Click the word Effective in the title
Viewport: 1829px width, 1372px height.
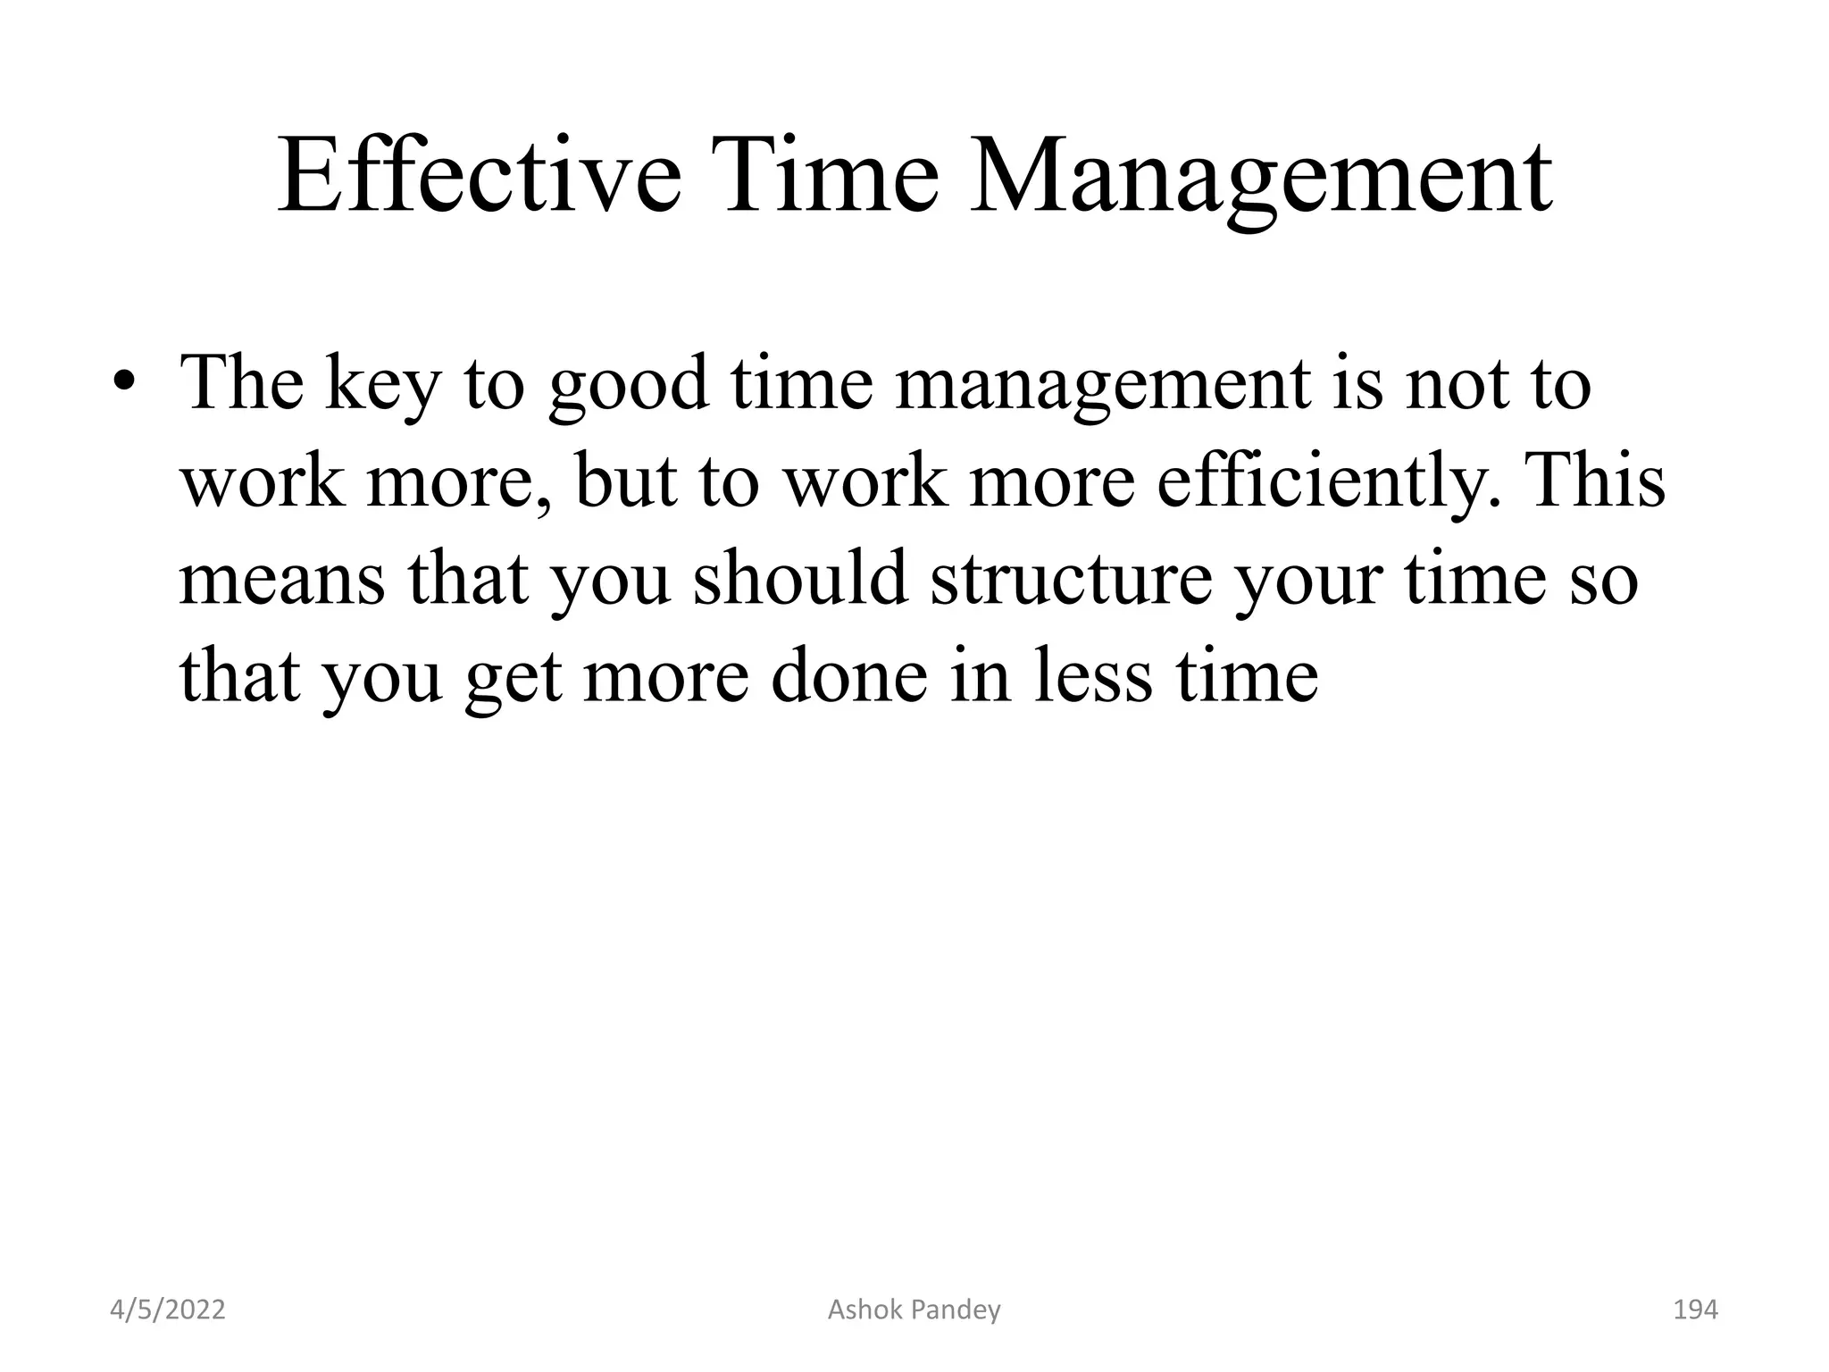(480, 176)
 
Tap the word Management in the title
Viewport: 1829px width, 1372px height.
(1260, 176)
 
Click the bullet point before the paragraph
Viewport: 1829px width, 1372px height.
(124, 384)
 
